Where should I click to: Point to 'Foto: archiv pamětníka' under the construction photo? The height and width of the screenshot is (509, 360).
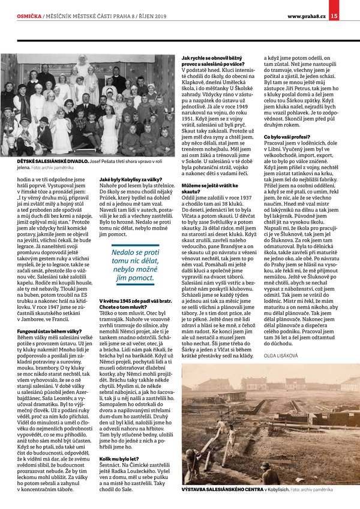[320, 490]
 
